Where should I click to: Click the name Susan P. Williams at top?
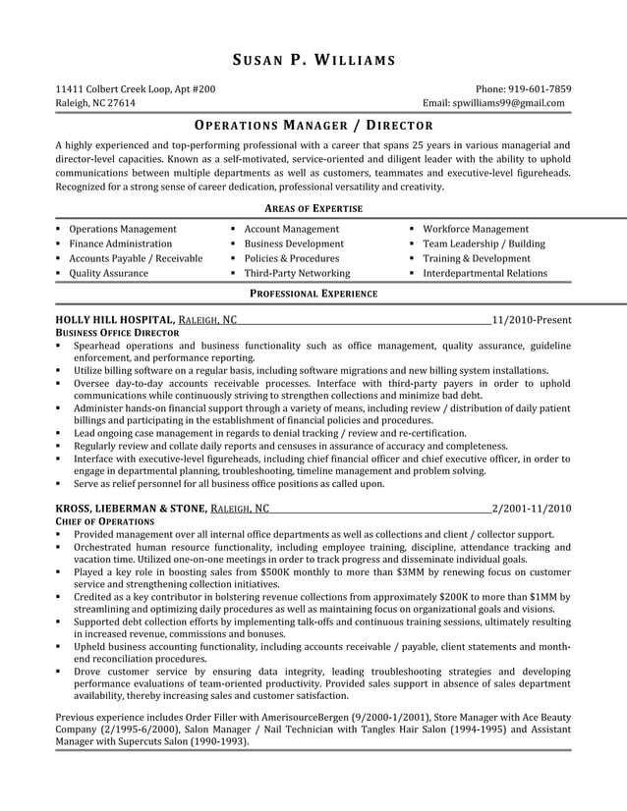[x=313, y=61]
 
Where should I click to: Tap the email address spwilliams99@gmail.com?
[x=508, y=103]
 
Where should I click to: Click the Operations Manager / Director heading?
[x=313, y=126]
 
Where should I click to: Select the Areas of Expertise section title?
[x=313, y=208]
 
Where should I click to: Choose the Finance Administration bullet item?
[x=120, y=243]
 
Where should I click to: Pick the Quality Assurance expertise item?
[x=108, y=273]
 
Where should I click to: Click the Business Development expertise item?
[x=294, y=243]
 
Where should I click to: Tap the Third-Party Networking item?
[x=296, y=273]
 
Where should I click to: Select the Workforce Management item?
[x=475, y=229]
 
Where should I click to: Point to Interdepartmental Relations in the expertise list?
[x=484, y=273]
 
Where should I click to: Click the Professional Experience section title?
[x=313, y=293]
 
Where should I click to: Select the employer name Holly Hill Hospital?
[x=115, y=320]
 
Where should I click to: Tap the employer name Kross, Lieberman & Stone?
[x=131, y=509]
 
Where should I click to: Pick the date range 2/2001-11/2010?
[x=531, y=509]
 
